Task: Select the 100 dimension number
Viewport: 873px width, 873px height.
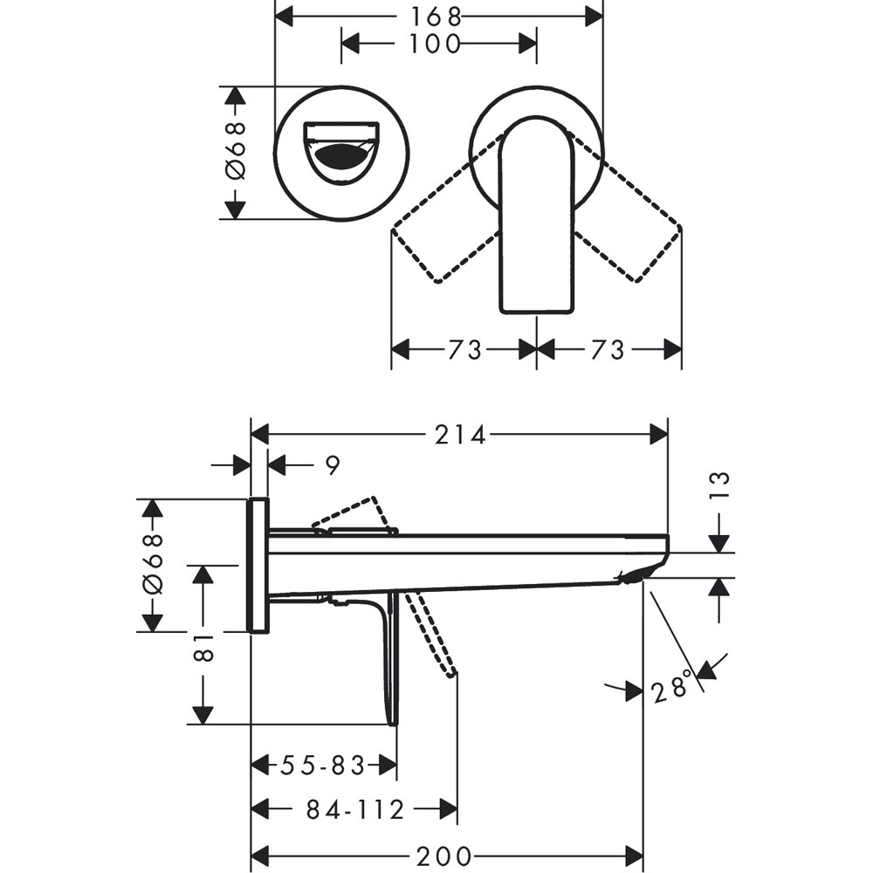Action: pos(436,43)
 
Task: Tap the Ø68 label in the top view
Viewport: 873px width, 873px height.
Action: pos(236,152)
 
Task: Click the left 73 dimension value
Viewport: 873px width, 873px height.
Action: pos(464,349)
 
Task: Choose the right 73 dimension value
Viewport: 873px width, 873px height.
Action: pos(608,349)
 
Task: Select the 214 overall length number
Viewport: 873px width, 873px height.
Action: pos(460,435)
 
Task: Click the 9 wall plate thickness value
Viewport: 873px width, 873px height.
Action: pos(332,465)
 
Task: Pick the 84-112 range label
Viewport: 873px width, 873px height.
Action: pos(355,810)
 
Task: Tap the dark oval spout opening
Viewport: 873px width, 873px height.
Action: pos(340,158)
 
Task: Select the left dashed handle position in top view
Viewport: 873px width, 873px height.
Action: pos(445,231)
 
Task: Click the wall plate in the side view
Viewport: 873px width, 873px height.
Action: pos(258,565)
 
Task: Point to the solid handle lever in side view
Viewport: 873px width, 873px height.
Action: pos(389,655)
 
